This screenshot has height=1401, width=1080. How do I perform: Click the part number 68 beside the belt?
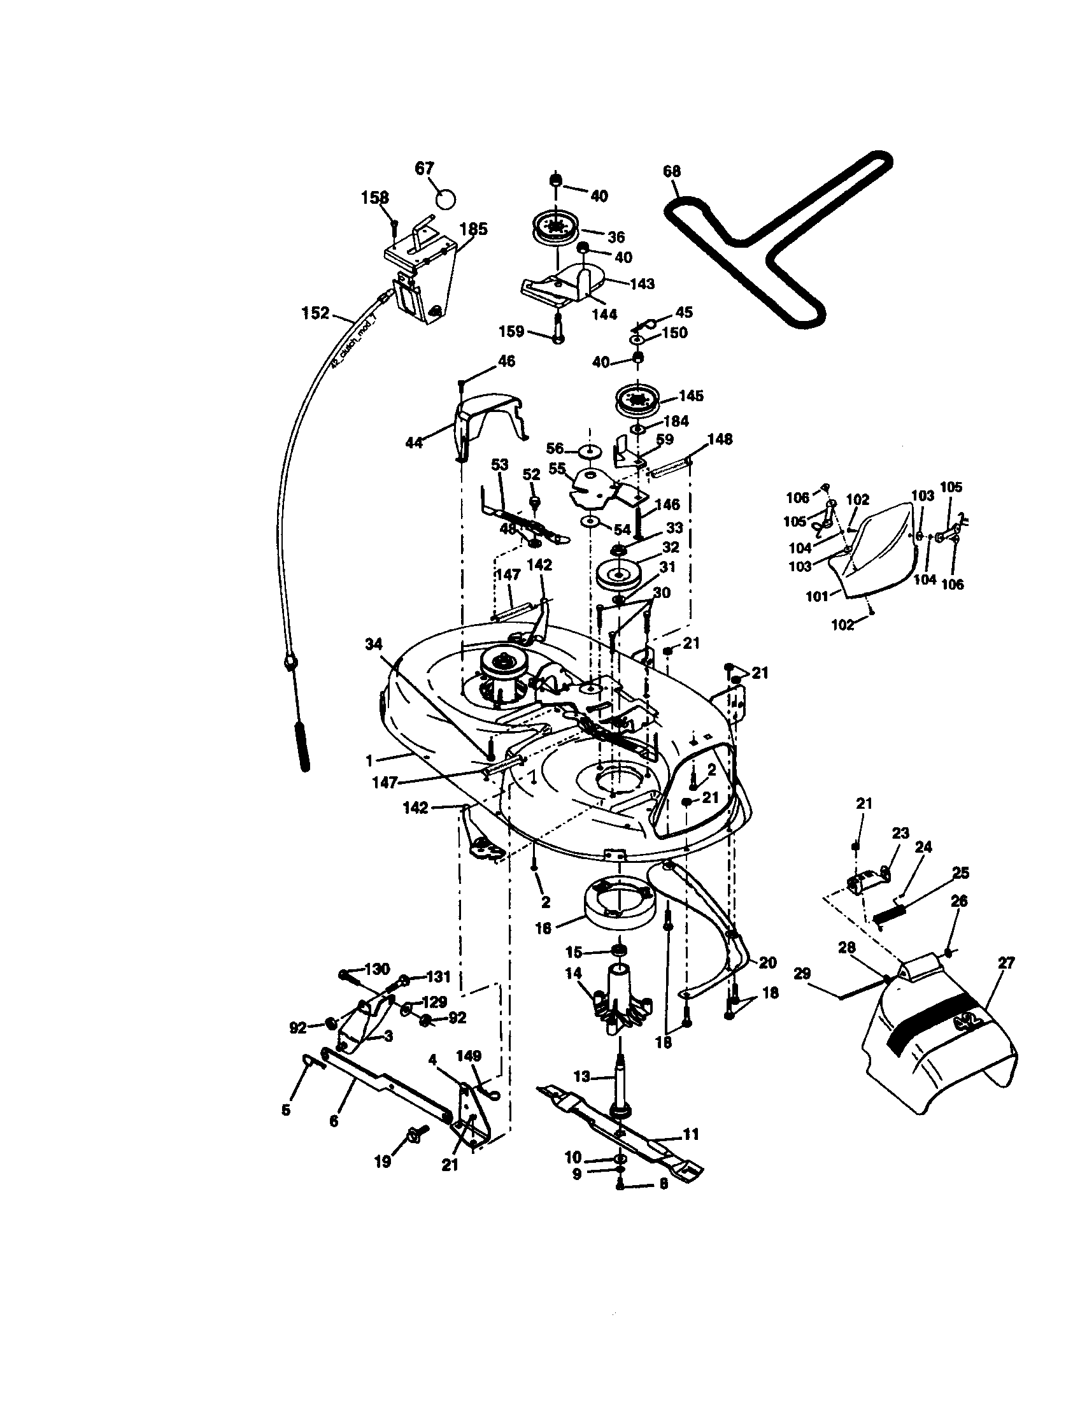point(672,171)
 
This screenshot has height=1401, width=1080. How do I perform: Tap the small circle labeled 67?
point(445,197)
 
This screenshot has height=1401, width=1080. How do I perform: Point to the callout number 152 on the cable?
point(316,313)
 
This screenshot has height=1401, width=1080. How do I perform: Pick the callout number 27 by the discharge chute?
point(1006,963)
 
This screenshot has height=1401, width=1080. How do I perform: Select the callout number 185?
point(474,229)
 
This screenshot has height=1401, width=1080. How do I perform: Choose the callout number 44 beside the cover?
point(415,442)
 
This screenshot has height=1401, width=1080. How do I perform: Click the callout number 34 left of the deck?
point(373,643)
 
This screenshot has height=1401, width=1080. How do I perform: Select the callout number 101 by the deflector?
point(817,597)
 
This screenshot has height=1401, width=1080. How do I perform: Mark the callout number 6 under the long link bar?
point(334,1121)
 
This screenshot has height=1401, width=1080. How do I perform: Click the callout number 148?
point(720,439)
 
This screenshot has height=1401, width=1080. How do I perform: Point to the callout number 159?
point(512,332)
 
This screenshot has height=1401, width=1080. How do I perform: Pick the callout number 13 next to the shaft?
point(581,1077)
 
